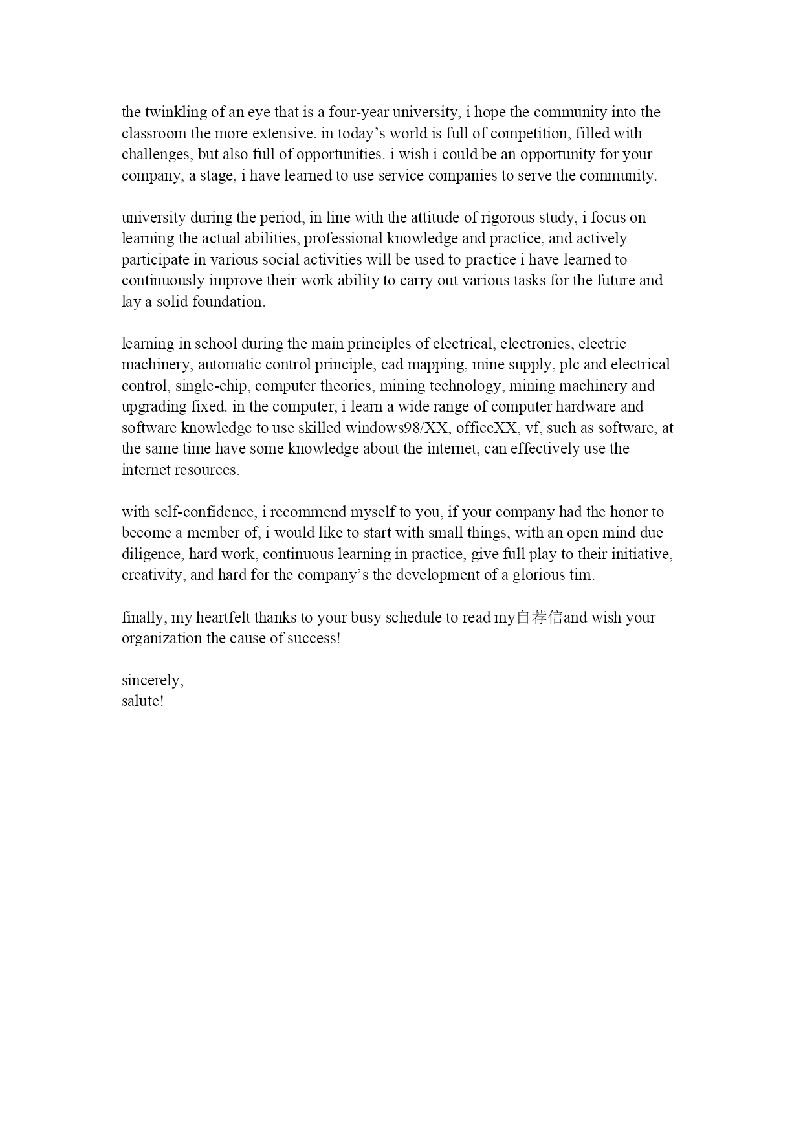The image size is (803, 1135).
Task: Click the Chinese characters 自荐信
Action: point(539,617)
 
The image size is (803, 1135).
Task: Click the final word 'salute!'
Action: point(142,701)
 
